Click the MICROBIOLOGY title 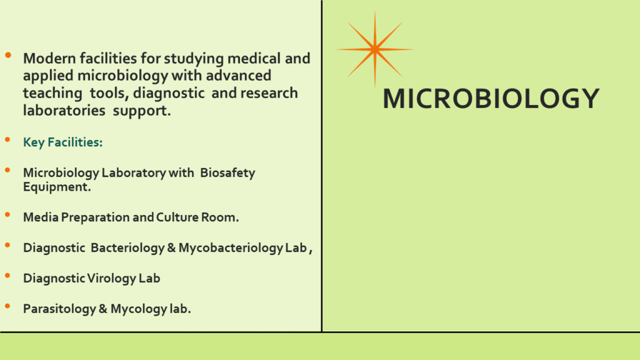click(491, 99)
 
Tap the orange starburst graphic click(375, 49)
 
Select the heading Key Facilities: click(63, 142)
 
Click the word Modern click(49, 58)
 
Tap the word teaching click(52, 94)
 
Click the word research click(269, 93)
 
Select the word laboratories click(64, 111)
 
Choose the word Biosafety click(227, 173)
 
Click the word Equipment click(57, 187)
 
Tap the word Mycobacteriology click(231, 248)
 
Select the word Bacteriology click(127, 248)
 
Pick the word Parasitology click(59, 309)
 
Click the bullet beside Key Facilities click(7, 140)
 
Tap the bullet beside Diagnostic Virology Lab click(7, 276)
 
